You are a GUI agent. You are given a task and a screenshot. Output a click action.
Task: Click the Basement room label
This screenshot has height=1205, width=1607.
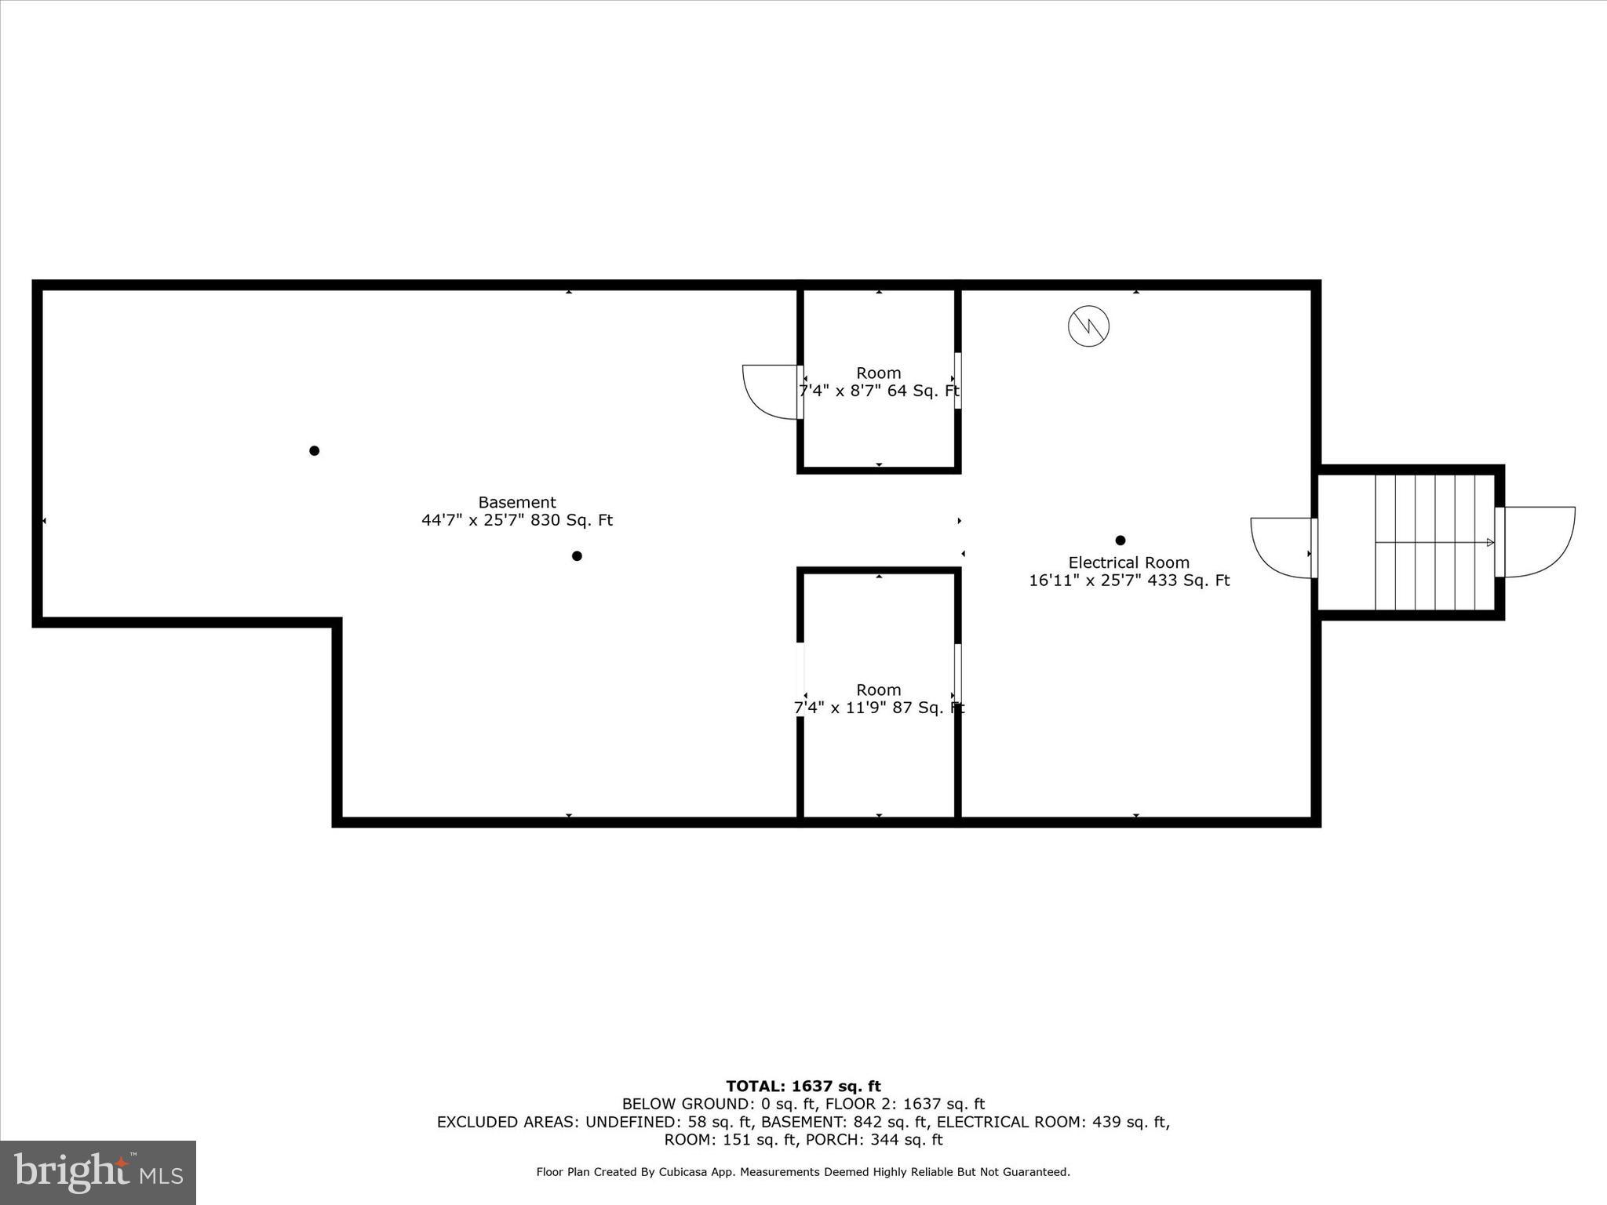[517, 502]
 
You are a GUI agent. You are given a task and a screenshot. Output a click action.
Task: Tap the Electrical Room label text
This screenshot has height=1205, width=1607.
[1128, 562]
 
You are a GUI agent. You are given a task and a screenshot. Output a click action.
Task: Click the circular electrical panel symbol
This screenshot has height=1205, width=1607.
[1088, 326]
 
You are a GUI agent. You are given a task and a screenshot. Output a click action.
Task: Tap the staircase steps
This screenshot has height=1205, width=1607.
[1434, 541]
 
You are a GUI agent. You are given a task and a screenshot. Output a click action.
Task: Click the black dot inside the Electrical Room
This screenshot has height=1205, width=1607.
[1120, 541]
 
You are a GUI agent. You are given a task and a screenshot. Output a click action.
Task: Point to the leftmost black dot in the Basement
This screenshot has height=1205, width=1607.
[314, 450]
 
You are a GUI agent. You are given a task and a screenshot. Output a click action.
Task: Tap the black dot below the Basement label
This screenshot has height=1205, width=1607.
[577, 556]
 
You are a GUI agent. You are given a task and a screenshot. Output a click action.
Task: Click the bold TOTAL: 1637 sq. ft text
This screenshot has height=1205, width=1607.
[803, 1087]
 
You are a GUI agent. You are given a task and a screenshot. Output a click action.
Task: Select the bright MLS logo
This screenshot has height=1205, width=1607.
[98, 1172]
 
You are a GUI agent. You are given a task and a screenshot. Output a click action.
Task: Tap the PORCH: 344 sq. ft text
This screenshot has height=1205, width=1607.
[874, 1140]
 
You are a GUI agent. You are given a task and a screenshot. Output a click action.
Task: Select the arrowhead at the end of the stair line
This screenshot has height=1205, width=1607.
[1490, 542]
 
